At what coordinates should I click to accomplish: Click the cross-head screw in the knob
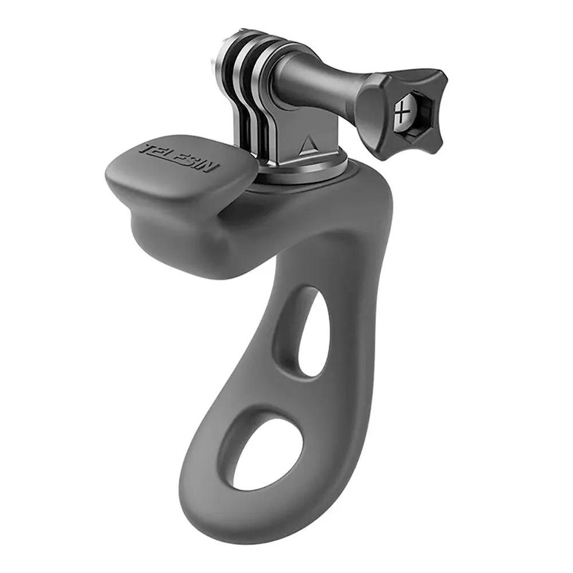[402, 112]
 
